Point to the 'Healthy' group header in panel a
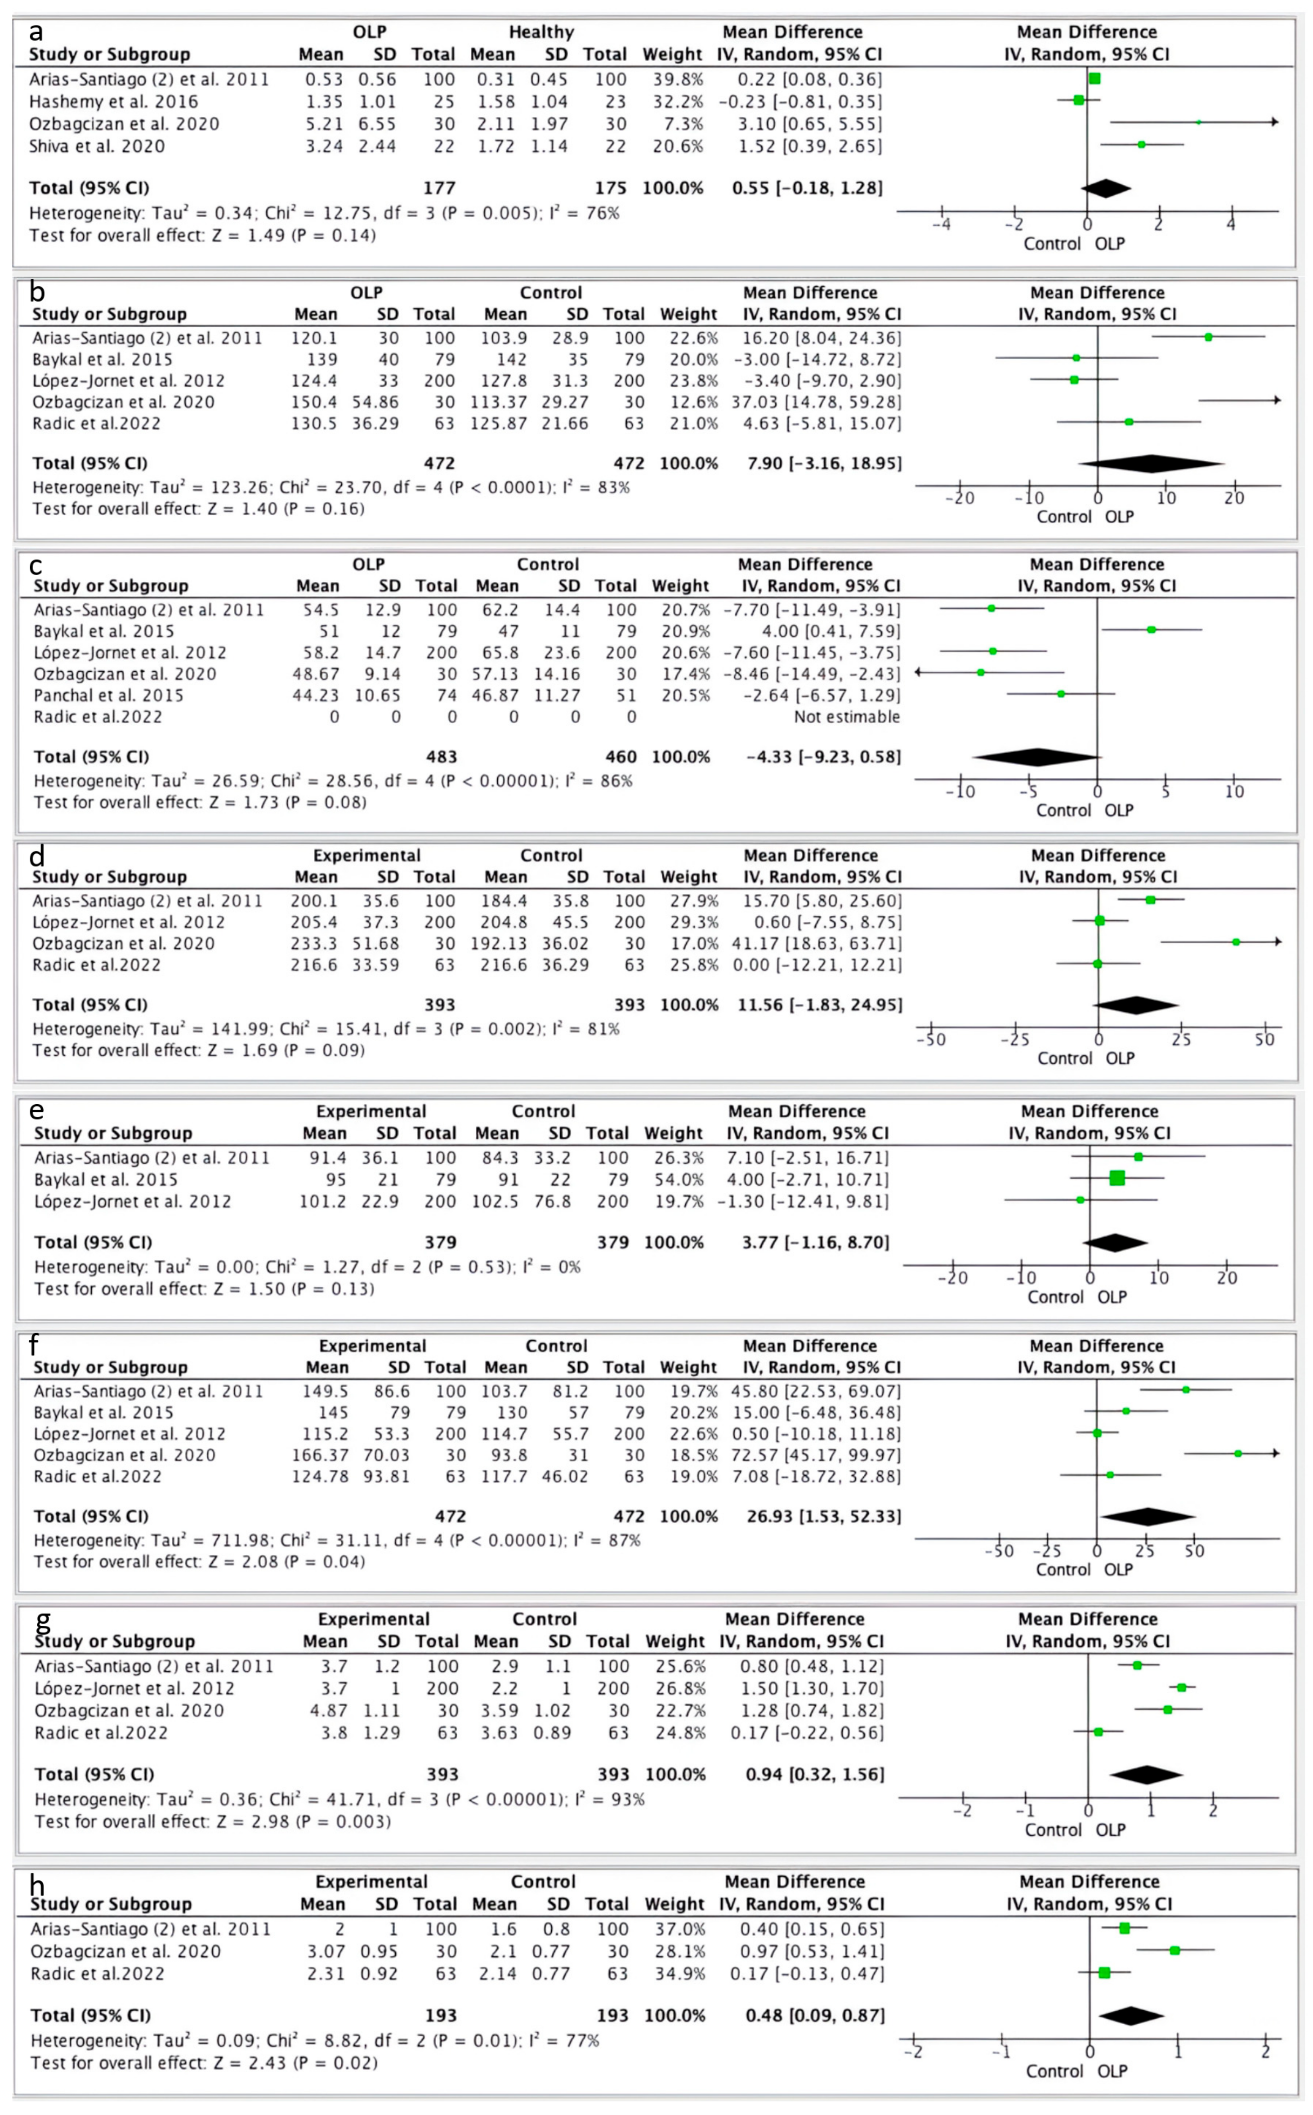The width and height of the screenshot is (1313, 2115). [x=541, y=32]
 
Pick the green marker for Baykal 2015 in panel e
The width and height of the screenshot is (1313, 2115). [x=1117, y=1178]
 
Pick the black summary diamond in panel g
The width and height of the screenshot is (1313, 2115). [x=1146, y=1775]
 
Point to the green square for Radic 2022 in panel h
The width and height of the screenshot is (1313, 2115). [x=1105, y=1973]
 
